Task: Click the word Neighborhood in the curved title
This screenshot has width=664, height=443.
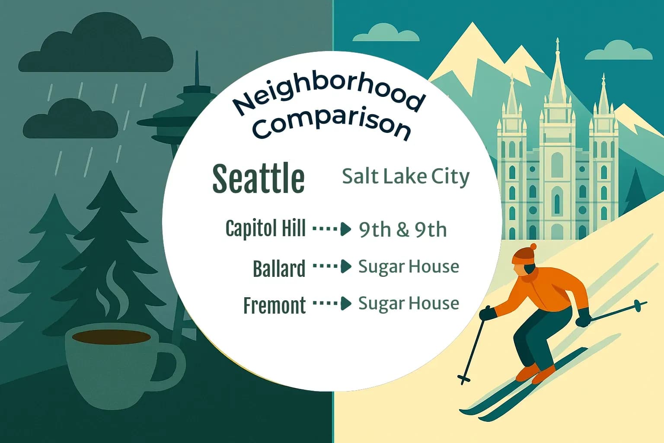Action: (x=328, y=92)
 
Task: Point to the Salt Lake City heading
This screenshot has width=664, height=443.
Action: (x=405, y=177)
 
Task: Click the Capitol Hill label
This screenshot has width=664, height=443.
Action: (x=265, y=228)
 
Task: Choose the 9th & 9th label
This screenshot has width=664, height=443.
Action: (x=402, y=230)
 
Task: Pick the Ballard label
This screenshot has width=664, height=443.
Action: (x=279, y=268)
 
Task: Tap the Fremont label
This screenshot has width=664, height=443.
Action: (x=275, y=305)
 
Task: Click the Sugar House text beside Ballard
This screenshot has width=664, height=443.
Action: (x=409, y=266)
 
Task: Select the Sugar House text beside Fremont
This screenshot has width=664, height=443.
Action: (x=409, y=303)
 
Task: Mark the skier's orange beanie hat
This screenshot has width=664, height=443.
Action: (x=523, y=254)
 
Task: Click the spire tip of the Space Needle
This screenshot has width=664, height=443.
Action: (x=197, y=58)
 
